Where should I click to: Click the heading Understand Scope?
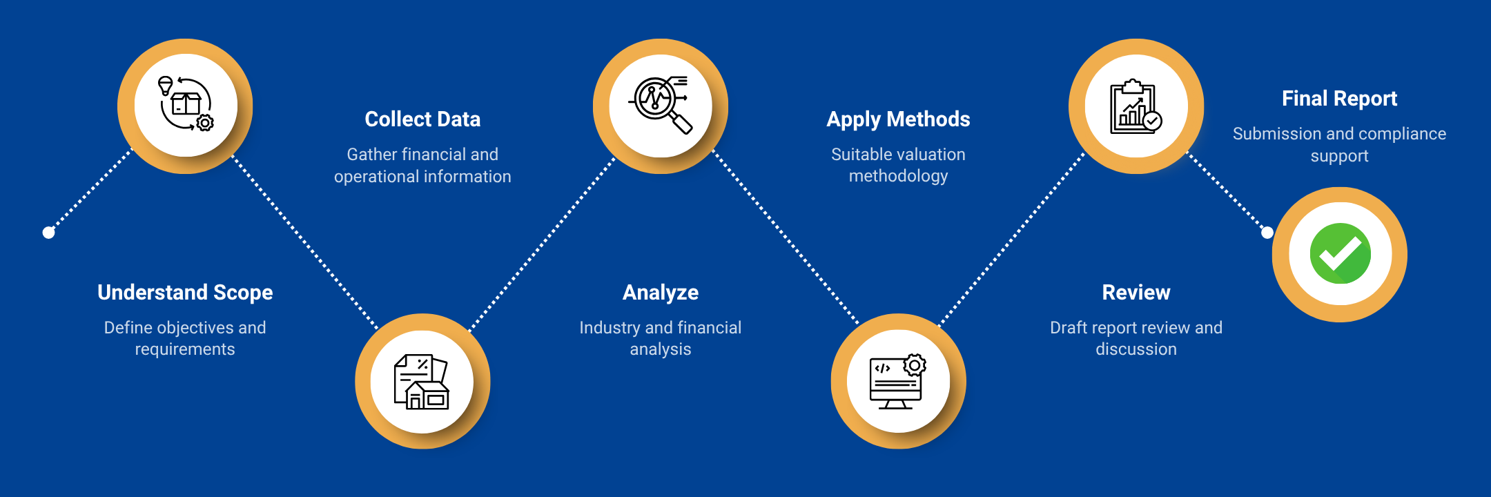185,293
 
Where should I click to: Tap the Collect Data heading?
422,119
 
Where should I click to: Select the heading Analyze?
661,293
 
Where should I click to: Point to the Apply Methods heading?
898,119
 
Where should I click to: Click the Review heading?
1136,293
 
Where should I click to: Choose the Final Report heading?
1339,99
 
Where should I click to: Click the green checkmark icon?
1340,254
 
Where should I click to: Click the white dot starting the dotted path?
48,233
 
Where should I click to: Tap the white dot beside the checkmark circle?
1267,233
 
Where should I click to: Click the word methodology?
898,177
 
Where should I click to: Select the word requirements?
185,349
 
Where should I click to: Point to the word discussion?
1136,349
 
